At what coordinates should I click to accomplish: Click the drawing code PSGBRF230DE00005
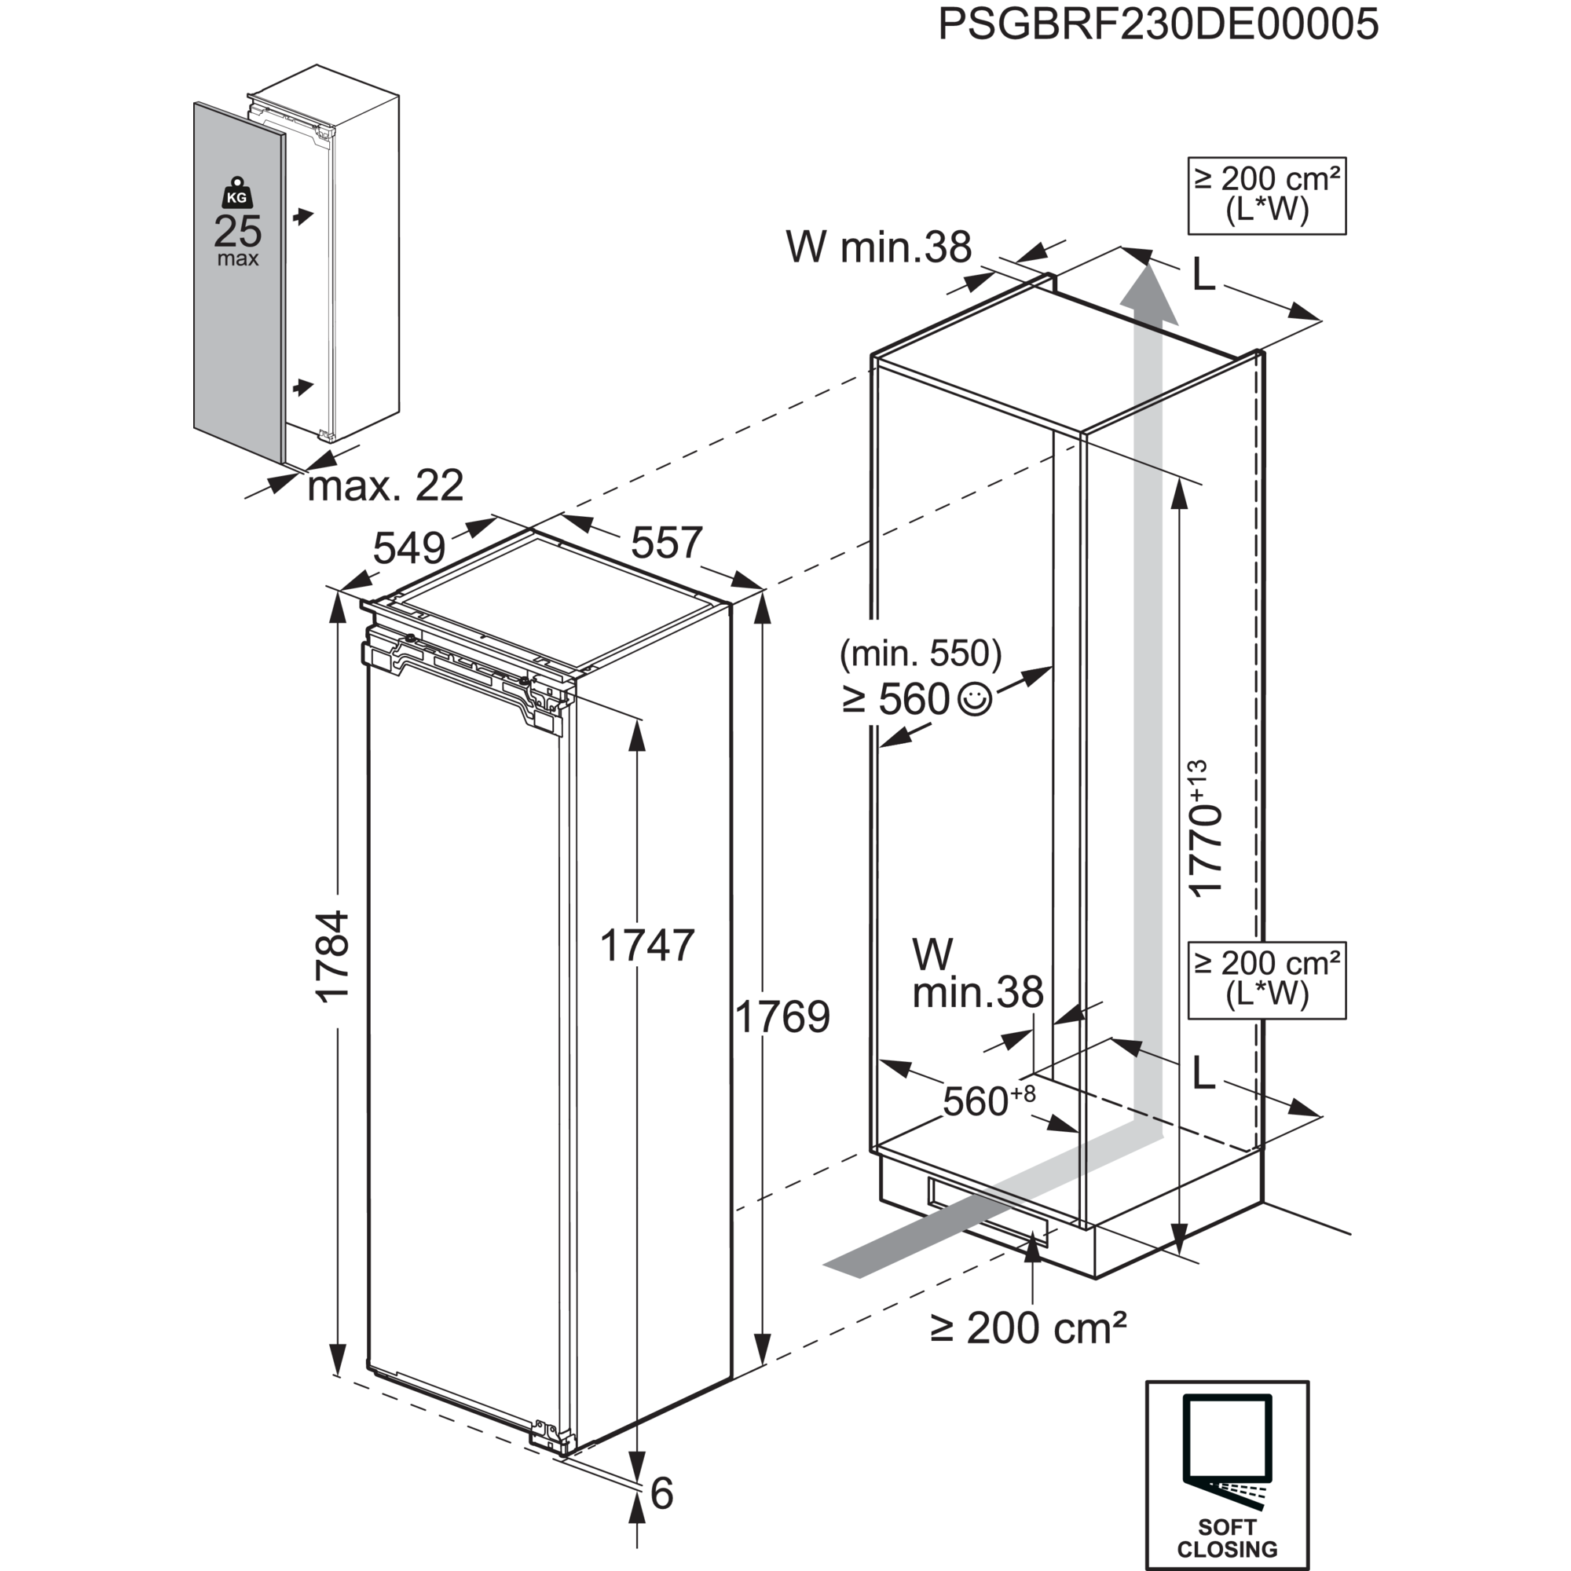click(1158, 24)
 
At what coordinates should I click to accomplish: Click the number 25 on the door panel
click(237, 232)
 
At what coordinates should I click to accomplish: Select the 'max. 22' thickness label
click(386, 486)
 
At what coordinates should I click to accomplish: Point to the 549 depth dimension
click(411, 548)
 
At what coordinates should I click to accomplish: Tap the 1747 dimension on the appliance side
click(646, 946)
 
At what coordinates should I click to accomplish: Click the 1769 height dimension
click(784, 1016)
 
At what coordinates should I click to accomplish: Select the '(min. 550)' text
click(921, 652)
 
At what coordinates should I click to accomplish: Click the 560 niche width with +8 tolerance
click(988, 1101)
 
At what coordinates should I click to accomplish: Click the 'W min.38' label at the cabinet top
click(878, 247)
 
